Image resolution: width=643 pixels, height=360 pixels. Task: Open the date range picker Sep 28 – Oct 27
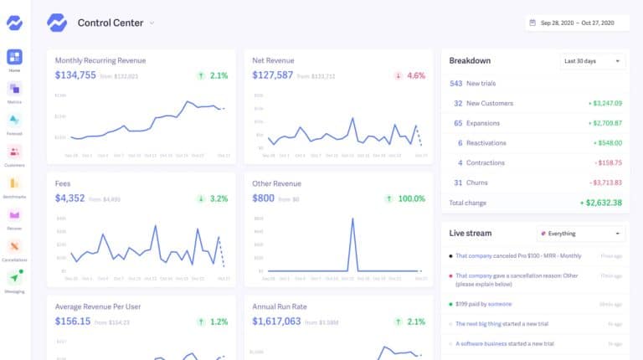tap(578, 23)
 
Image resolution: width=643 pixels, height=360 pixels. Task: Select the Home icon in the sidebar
tap(15, 57)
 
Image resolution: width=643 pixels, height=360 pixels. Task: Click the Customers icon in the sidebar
tap(15, 152)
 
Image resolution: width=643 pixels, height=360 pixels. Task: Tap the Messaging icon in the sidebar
tap(15, 278)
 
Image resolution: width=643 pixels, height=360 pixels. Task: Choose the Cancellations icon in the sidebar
tap(15, 246)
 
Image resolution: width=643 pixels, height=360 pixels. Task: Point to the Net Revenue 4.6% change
tap(415, 75)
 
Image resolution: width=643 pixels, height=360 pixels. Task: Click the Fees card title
tap(64, 183)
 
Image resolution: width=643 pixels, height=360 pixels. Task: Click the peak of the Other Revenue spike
tap(352, 219)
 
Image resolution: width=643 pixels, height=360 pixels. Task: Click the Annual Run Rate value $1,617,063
tap(285, 321)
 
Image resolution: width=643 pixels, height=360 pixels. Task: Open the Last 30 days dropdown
tap(593, 61)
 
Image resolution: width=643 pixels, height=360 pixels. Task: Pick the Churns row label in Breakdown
tap(478, 182)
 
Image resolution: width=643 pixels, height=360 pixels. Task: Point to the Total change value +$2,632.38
tap(600, 203)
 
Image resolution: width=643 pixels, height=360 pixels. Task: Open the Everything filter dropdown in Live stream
tap(581, 234)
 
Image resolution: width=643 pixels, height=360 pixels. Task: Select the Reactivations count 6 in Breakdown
tap(460, 142)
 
